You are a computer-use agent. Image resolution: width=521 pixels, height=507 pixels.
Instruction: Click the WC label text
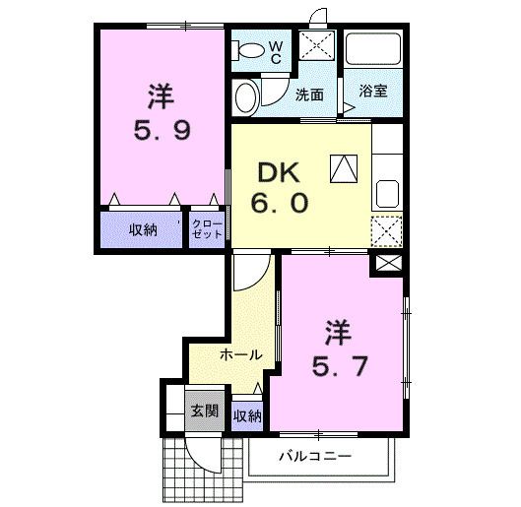point(277,52)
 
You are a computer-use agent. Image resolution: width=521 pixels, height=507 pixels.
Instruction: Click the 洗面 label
point(309,95)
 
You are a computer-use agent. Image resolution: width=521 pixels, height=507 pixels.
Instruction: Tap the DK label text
point(278,174)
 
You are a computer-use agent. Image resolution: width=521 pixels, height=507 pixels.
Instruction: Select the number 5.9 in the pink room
point(163,129)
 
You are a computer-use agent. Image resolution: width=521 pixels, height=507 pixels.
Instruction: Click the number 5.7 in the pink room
point(341,365)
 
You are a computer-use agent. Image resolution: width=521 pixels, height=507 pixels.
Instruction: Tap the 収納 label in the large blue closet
point(142,230)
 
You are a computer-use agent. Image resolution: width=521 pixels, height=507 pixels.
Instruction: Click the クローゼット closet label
point(207,230)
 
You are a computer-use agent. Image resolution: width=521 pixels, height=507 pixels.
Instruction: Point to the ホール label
point(240,354)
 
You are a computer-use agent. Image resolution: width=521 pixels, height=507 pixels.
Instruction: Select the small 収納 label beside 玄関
point(247,415)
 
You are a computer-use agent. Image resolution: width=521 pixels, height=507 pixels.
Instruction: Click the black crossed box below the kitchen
point(388,263)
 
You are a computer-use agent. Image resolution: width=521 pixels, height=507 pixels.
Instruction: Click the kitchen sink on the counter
point(386,191)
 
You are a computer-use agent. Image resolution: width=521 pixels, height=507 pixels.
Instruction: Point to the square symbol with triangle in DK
point(344,170)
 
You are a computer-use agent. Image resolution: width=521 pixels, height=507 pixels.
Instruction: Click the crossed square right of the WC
point(318,47)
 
